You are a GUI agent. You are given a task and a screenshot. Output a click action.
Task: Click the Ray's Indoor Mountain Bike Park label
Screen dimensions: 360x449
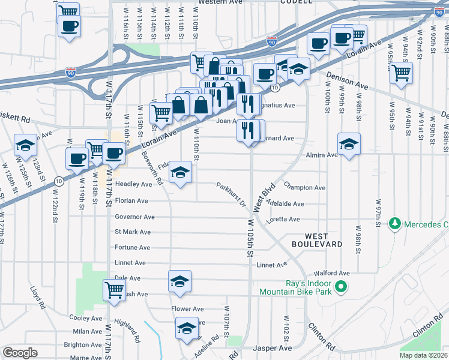[295, 287]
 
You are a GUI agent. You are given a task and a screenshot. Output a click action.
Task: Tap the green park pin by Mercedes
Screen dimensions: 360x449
[395, 224]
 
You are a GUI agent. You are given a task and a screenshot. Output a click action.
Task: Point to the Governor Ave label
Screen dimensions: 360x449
[134, 217]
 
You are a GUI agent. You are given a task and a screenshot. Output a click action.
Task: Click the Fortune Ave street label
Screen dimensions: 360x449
[132, 247]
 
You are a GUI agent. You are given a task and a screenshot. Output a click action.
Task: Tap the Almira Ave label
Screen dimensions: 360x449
[322, 155]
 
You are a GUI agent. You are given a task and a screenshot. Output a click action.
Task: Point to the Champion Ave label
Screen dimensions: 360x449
[304, 188]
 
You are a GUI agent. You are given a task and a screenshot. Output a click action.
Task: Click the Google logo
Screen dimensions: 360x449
[20, 353]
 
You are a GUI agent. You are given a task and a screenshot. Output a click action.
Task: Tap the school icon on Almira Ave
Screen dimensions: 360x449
[349, 144]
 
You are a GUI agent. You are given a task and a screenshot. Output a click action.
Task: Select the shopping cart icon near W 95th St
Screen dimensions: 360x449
[401, 73]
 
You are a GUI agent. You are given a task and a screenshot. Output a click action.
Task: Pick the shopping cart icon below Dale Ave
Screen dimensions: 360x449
[114, 290]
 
